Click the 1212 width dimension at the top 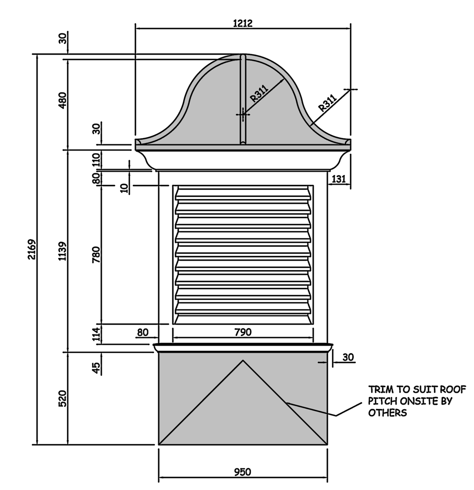(243, 23)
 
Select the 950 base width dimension (243, 472)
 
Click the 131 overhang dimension (339, 178)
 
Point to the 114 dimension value (96, 334)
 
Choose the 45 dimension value (96, 367)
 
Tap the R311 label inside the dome (258, 93)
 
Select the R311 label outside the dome (327, 103)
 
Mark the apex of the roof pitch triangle (243, 361)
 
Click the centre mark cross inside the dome (243, 115)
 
